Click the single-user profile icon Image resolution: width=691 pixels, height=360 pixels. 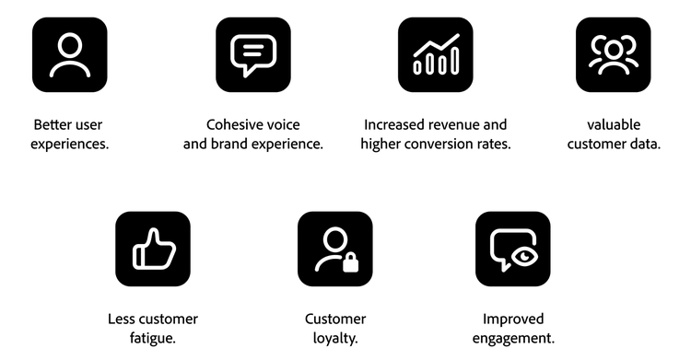tap(69, 54)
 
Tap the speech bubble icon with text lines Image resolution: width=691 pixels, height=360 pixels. tap(252, 54)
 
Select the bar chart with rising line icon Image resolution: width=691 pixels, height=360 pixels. tap(435, 54)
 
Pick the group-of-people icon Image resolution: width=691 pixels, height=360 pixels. tap(613, 54)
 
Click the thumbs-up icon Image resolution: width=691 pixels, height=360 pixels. tap(152, 249)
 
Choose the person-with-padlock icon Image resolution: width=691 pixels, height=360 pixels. tap(335, 249)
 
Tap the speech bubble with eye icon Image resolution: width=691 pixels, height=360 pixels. tap(512, 249)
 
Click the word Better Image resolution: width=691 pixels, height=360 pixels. tap(53, 124)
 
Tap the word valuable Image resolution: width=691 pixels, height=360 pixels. tap(614, 124)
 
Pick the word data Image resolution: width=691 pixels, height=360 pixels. tap(645, 145)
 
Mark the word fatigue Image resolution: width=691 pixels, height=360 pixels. tap(152, 339)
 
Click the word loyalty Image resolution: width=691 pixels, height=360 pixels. tap(334, 339)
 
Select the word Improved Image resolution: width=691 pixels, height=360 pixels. tap(512, 319)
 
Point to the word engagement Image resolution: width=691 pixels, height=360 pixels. tap(512, 339)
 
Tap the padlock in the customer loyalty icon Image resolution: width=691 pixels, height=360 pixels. tap(350, 263)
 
